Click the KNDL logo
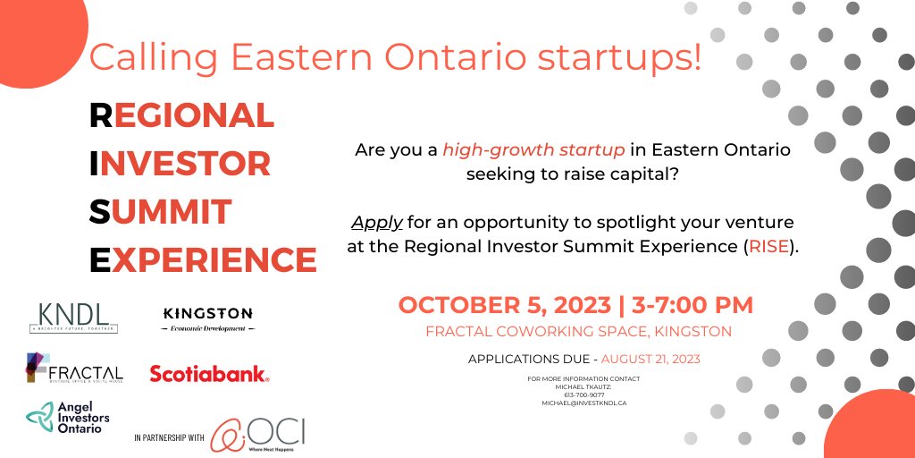click(73, 317)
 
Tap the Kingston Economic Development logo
click(208, 318)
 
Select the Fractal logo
click(75, 369)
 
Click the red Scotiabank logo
click(209, 374)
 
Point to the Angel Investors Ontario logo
click(64, 417)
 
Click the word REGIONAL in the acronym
click(182, 114)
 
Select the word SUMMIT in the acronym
click(161, 212)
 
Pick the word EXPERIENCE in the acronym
click(203, 260)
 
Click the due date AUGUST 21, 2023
click(651, 359)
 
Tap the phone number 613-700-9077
click(583, 394)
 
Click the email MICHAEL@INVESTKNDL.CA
click(583, 403)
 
